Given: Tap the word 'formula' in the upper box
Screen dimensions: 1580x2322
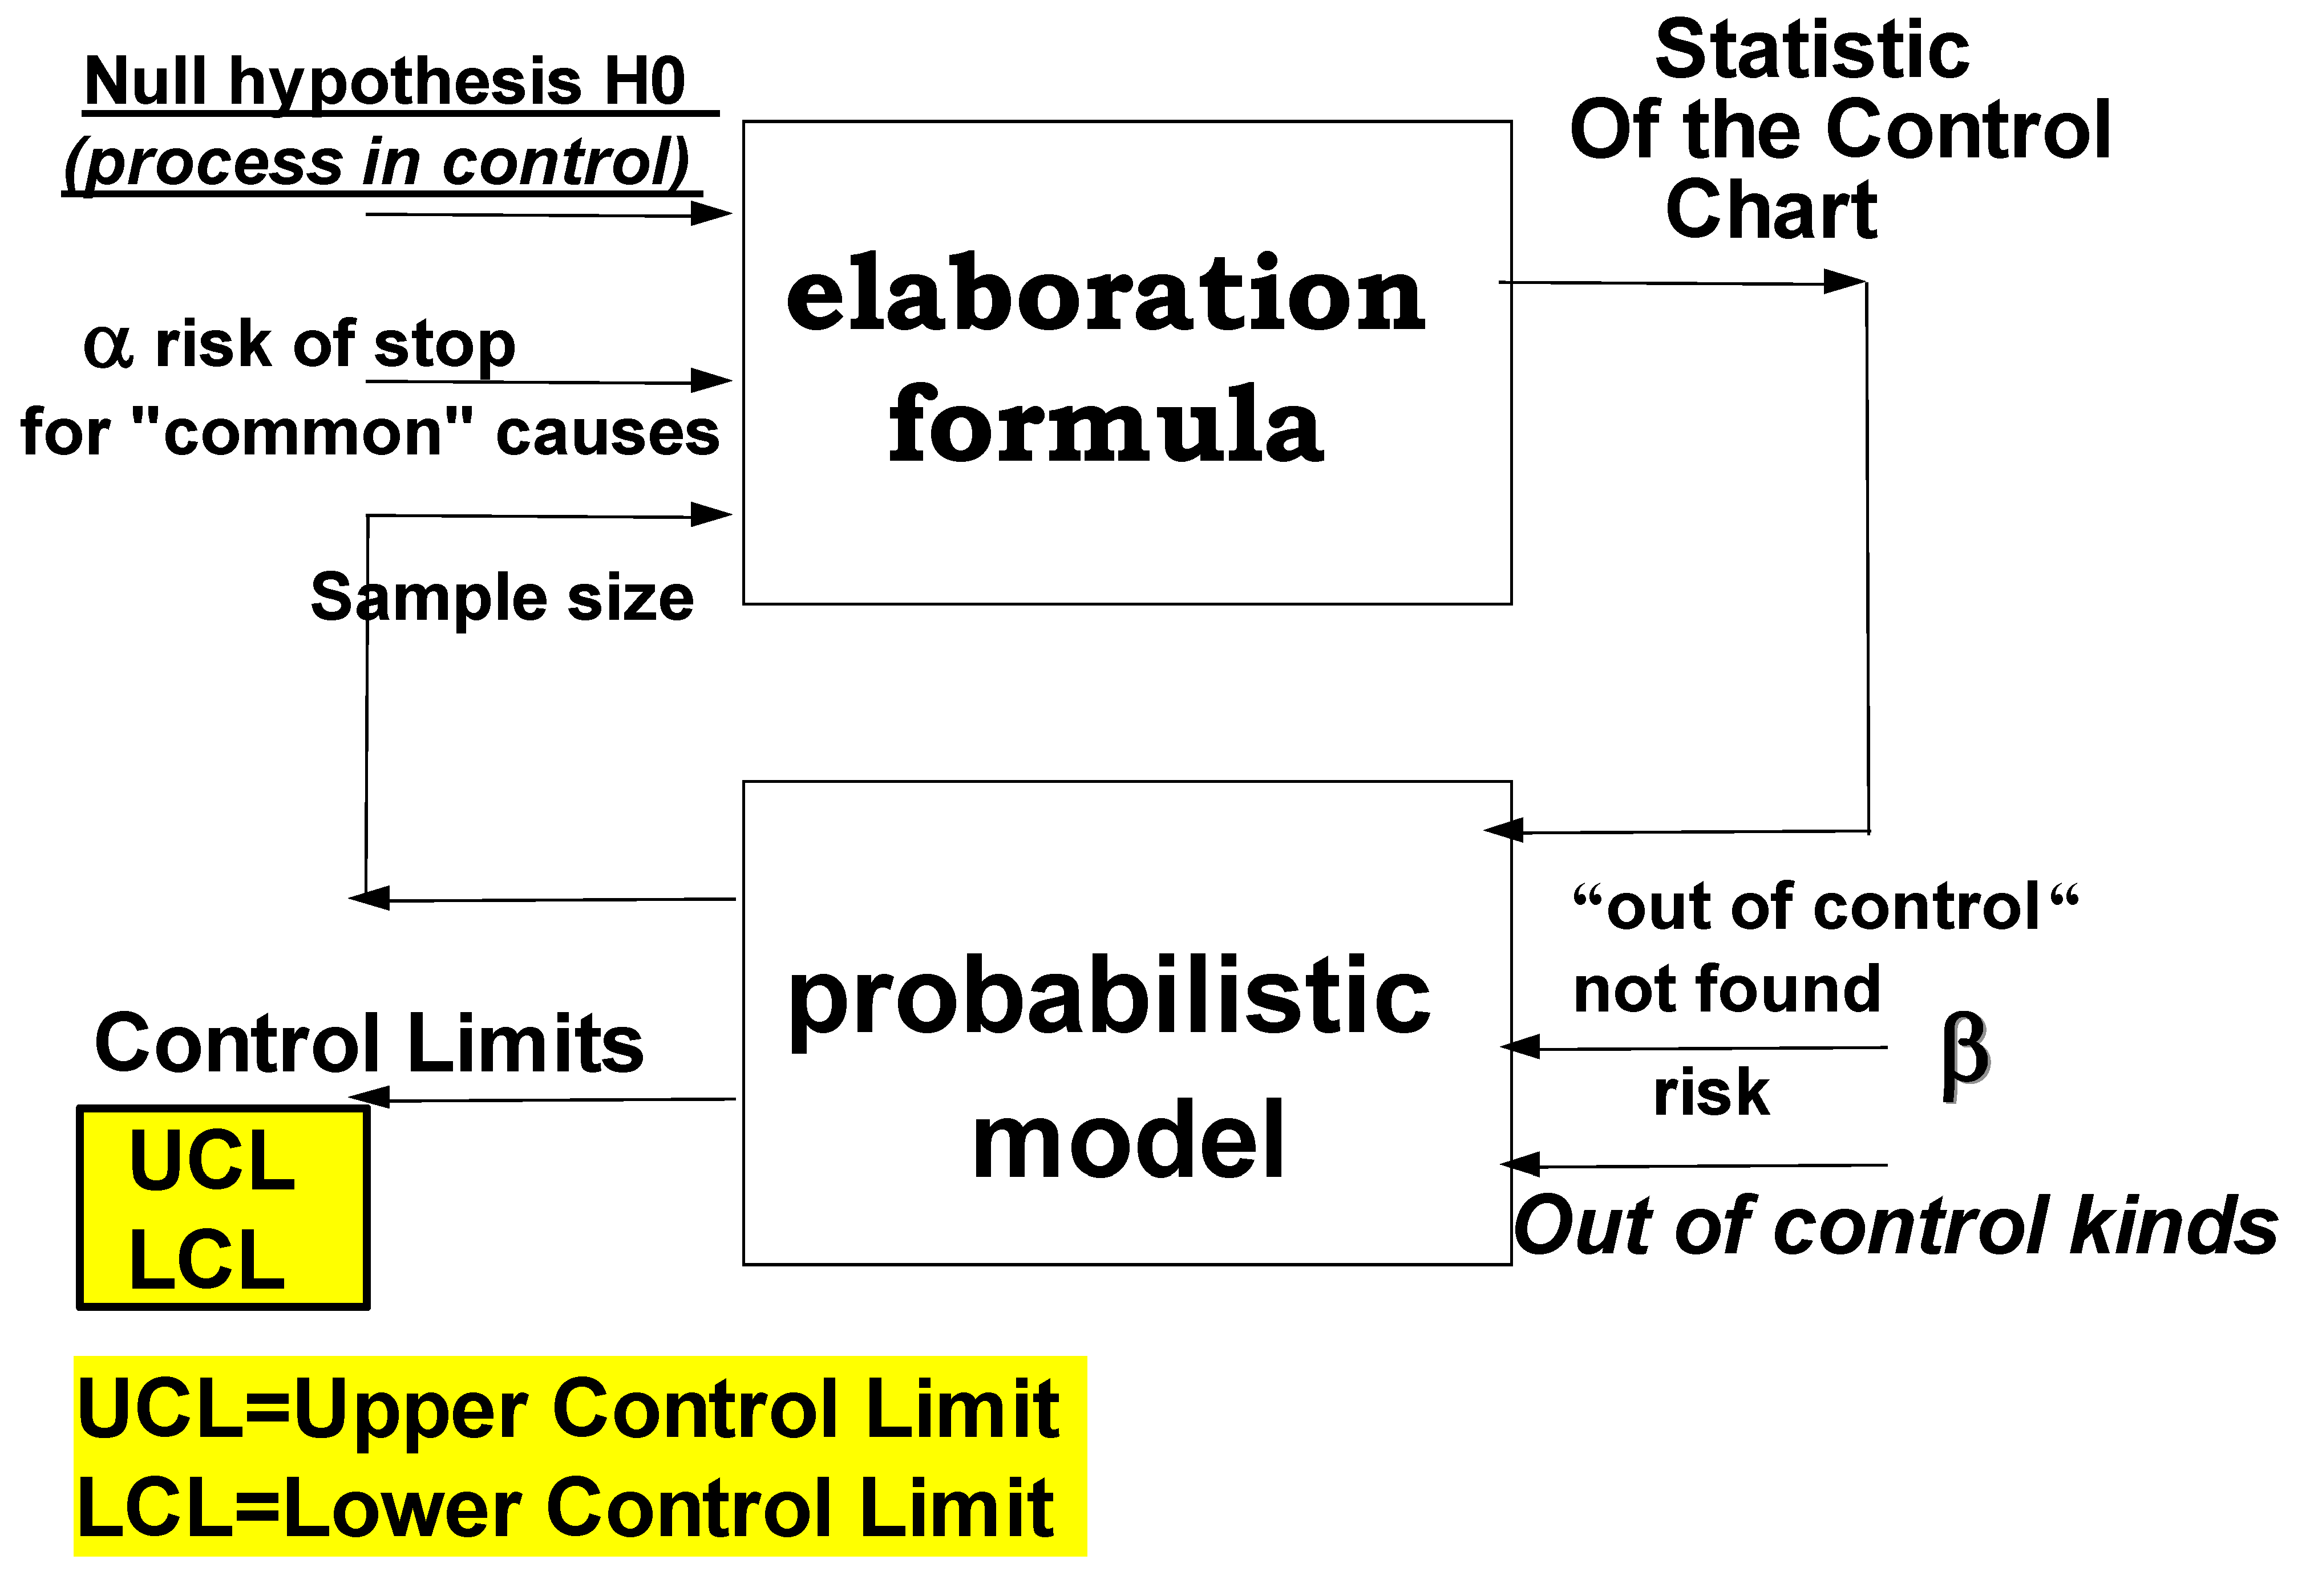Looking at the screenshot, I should pos(1105,428).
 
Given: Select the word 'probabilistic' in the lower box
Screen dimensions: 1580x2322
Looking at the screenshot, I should pos(1109,1000).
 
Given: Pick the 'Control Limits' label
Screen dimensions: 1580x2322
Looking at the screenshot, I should pos(369,1043).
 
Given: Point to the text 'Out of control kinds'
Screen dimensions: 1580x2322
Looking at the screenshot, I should pos(1895,1226).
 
